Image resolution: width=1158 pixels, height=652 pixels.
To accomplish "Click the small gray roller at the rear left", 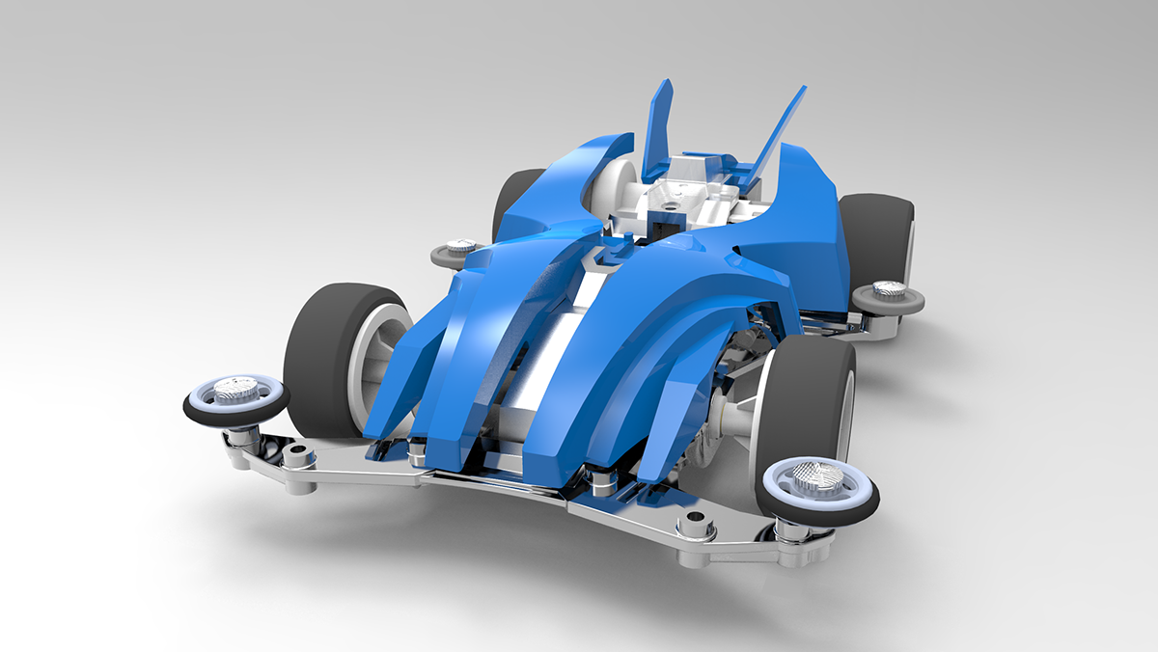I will (x=458, y=252).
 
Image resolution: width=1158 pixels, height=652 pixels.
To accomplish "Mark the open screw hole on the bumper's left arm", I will (x=295, y=451).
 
